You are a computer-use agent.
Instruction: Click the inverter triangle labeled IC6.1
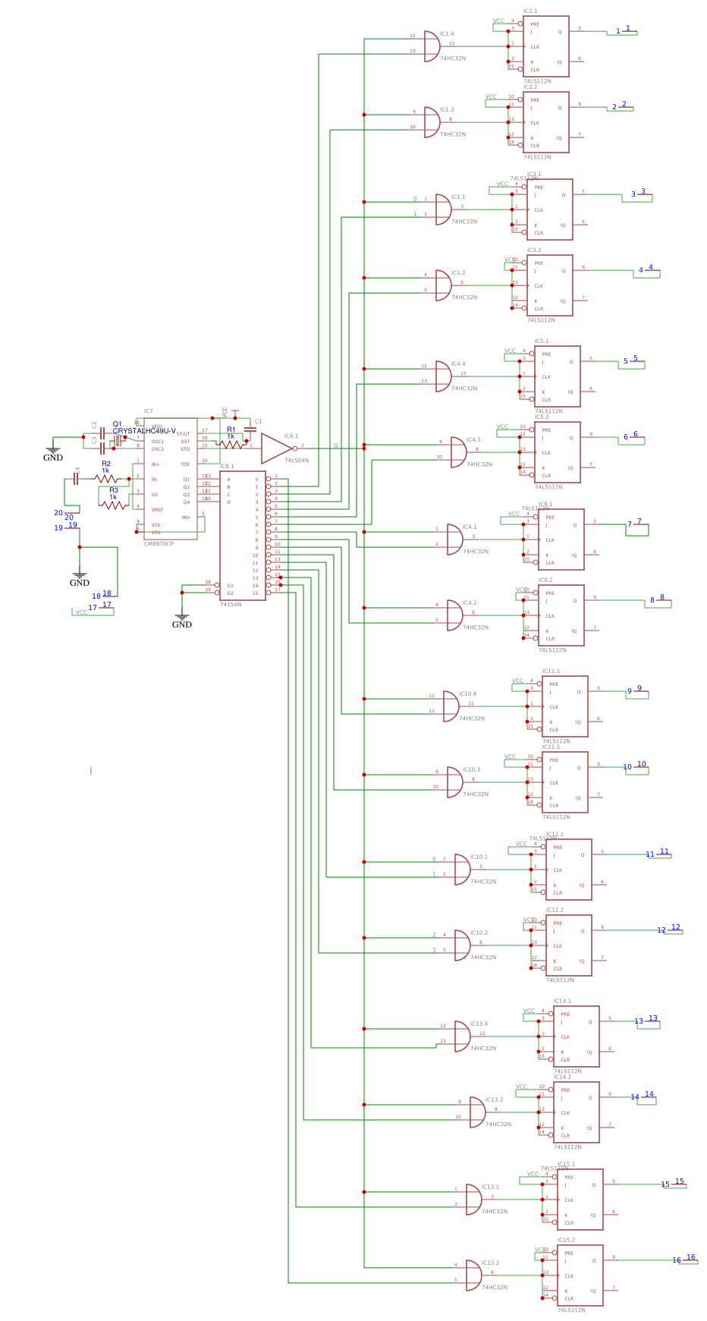tap(275, 448)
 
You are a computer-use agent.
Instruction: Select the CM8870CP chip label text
tap(159, 544)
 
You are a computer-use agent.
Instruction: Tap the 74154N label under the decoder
tap(231, 605)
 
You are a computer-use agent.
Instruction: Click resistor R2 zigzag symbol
tap(106, 479)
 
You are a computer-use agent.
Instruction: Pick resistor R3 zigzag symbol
tap(114, 505)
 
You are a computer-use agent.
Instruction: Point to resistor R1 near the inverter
tap(231, 445)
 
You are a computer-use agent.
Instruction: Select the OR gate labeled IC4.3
tap(458, 452)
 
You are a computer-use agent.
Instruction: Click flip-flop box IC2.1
tap(545, 46)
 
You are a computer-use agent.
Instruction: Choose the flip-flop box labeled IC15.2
tap(580, 1275)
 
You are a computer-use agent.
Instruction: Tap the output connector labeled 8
tap(658, 601)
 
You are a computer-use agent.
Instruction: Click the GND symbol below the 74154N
tap(181, 618)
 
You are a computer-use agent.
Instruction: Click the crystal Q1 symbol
tap(118, 441)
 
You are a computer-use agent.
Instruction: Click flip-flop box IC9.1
tap(561, 539)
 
